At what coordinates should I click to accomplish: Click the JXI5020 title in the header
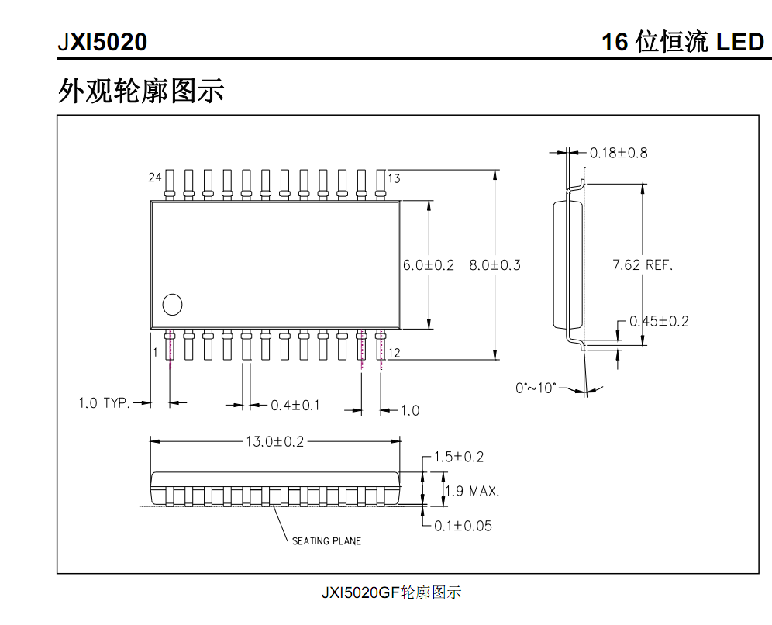point(102,42)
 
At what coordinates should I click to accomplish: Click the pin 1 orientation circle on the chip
point(172,306)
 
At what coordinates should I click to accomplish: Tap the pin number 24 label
point(155,178)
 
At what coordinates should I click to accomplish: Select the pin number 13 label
point(394,178)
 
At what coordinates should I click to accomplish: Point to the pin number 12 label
point(394,354)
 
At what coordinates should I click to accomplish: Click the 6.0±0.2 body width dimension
point(429,265)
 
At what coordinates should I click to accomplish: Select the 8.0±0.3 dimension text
point(495,265)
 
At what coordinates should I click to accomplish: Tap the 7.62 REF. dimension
point(643,265)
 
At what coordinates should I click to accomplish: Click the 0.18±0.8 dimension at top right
point(619,153)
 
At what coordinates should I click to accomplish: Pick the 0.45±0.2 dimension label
point(659,321)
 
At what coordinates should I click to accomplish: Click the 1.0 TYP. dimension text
point(103,403)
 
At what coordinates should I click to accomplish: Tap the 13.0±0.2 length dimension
point(275,442)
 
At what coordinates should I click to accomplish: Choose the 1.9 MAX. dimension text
point(472,491)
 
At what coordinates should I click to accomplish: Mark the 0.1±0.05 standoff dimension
point(463,526)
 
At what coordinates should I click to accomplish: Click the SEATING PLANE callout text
point(326,541)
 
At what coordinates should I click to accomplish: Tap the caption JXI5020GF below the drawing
point(391,593)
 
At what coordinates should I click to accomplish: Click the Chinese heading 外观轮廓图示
point(140,91)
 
